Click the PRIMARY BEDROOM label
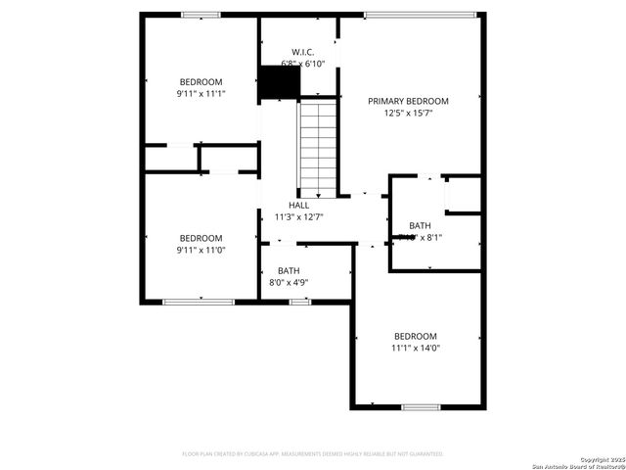click(408, 101)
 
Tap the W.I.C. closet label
click(302, 52)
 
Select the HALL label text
click(298, 205)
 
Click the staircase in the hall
click(317, 147)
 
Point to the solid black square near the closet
click(278, 82)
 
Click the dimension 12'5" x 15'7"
click(408, 114)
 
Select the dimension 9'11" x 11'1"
click(201, 94)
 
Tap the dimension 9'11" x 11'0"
click(201, 251)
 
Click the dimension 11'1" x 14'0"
click(416, 348)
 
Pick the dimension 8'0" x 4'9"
click(289, 283)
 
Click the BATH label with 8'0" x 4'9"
click(289, 271)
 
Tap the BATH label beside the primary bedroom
click(420, 225)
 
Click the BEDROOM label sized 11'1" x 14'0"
click(416, 336)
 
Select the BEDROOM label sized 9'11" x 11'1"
click(201, 81)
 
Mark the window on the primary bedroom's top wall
click(421, 15)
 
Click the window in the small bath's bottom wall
click(300, 302)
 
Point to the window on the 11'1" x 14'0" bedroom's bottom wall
click(422, 406)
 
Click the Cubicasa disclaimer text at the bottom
click(313, 454)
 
